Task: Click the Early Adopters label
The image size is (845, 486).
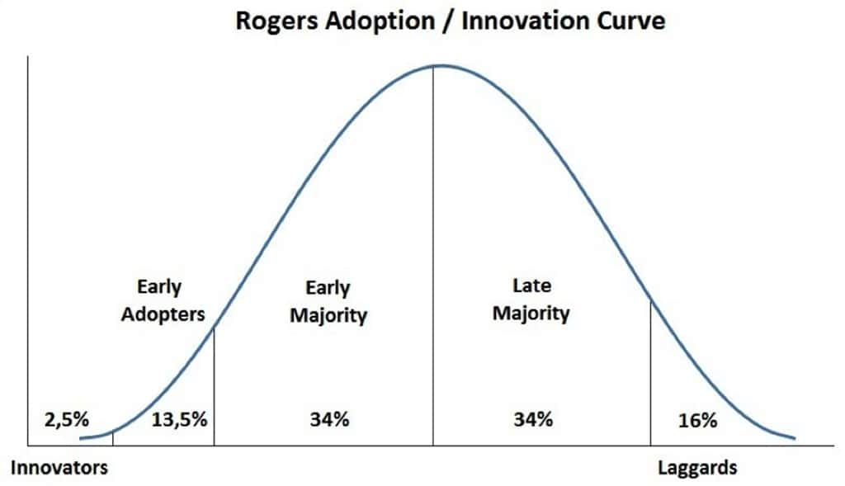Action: point(163,301)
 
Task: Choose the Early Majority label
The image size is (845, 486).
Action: point(328,302)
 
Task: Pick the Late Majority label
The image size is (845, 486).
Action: point(531,300)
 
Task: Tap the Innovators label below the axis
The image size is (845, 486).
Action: point(59,468)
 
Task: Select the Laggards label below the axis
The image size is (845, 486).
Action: point(697,468)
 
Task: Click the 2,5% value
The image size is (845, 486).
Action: point(66,418)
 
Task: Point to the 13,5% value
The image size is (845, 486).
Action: point(179,418)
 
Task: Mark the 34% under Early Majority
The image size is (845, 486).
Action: point(329,418)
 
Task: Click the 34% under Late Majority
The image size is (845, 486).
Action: point(532,418)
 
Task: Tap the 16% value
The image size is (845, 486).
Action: point(697,419)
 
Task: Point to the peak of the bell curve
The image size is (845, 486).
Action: point(434,65)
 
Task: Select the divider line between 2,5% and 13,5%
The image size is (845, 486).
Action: point(112,438)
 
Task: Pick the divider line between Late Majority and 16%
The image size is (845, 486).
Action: point(651,371)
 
